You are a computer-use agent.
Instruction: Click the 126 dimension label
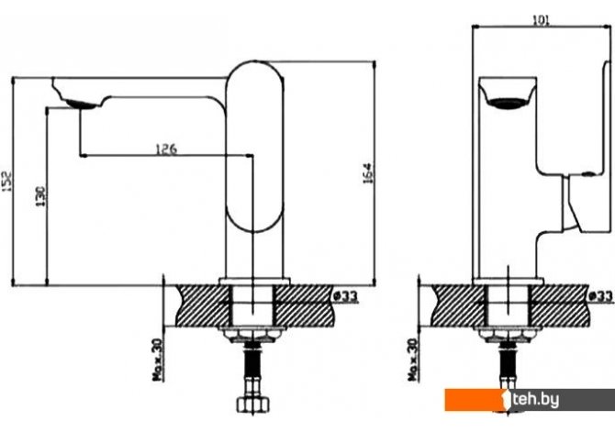166,149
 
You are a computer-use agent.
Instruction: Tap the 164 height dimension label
367,172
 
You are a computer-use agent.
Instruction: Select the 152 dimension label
6,182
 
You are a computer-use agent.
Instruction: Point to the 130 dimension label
40,197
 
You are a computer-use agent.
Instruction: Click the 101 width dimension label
541,20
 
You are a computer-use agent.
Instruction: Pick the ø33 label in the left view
346,296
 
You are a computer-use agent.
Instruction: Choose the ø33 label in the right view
600,296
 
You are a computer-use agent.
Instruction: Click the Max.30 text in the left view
157,360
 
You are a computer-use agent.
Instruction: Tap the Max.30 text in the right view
413,360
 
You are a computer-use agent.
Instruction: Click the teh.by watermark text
536,400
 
